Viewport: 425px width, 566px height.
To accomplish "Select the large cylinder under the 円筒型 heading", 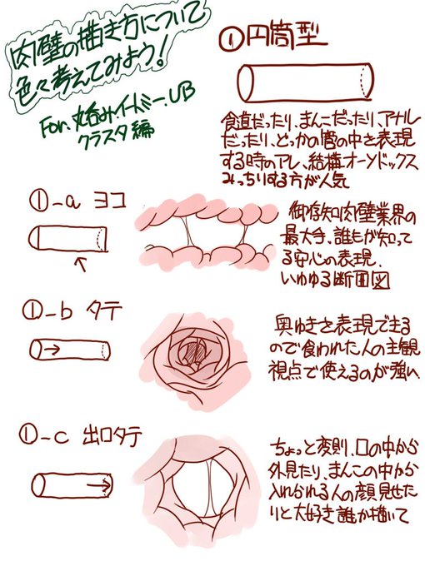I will pyautogui.click(x=303, y=82).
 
